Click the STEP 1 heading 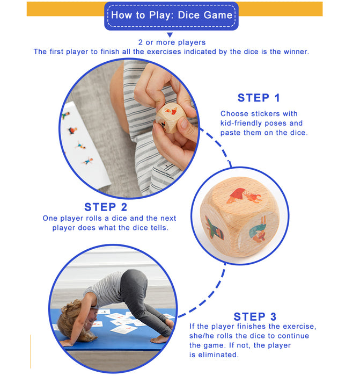coord(259,98)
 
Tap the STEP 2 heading coord(106,207)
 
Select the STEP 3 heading coord(255,316)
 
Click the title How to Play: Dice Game coord(172,15)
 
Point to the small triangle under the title coord(170,35)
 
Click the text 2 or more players coord(172,42)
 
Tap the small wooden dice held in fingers coord(170,118)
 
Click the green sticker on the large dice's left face coord(214,228)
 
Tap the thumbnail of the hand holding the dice coord(129,128)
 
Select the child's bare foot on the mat coord(160,339)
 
